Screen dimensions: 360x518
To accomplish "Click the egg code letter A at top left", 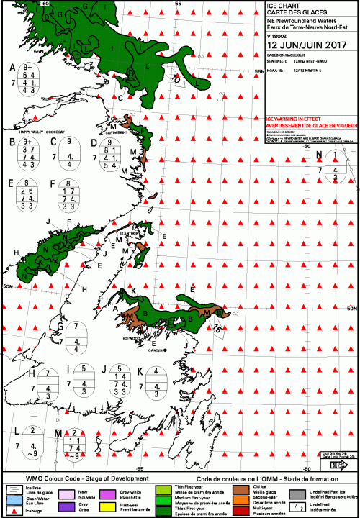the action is coord(12,68).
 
